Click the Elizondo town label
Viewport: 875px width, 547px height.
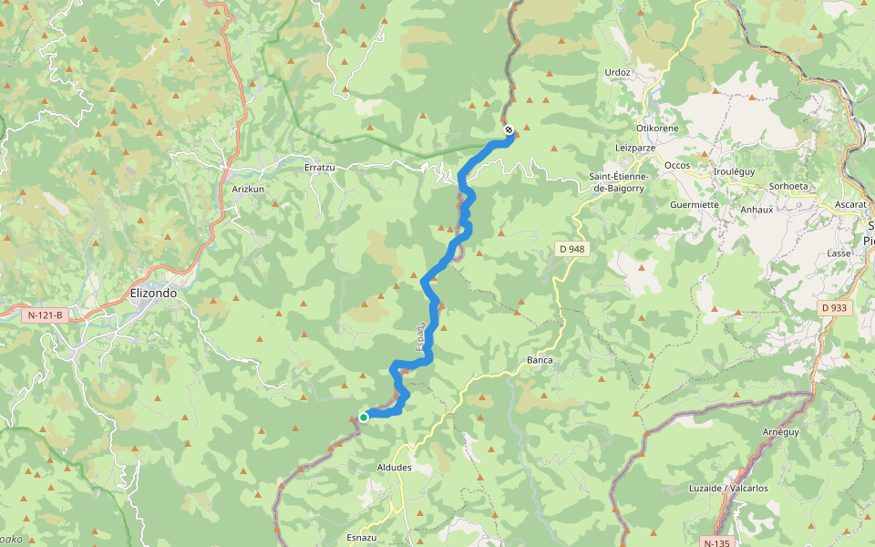[153, 294]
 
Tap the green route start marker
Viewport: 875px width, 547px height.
[364, 417]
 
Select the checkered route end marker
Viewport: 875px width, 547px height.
[509, 129]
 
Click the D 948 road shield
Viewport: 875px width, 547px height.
[571, 249]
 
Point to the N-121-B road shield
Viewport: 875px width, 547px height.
[46, 315]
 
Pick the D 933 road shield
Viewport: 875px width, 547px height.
[834, 308]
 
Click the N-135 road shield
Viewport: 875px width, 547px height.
[719, 542]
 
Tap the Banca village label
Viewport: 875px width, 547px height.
[540, 360]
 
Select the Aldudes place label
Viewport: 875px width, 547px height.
[394, 468]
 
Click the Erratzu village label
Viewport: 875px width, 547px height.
[320, 168]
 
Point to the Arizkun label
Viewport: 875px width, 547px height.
[248, 189]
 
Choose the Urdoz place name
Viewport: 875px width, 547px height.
[617, 72]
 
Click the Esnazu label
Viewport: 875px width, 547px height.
[362, 538]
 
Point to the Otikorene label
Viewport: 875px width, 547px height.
[657, 129]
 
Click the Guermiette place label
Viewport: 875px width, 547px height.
[695, 205]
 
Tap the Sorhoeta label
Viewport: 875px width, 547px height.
[788, 186]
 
